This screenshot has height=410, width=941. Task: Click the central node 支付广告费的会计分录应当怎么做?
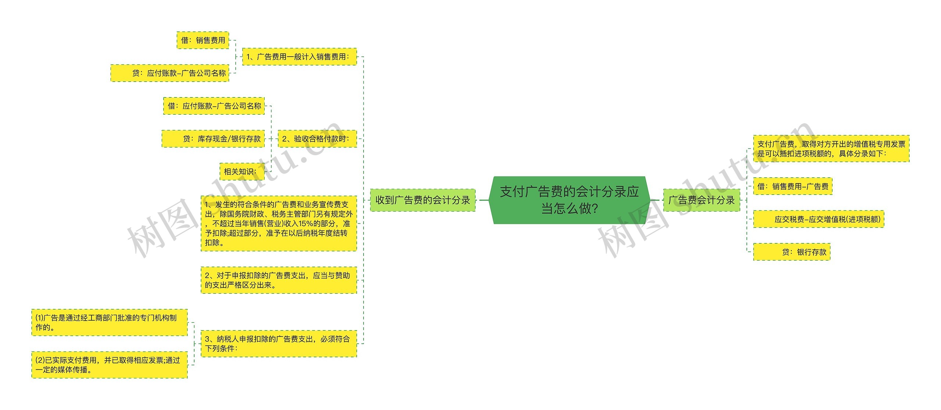coord(569,200)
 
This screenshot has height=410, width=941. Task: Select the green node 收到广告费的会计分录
coord(422,200)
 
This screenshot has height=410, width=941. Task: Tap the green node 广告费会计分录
coord(701,200)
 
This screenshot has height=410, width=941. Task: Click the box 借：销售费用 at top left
coord(203,40)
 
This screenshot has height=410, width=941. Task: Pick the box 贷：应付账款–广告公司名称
coord(170,73)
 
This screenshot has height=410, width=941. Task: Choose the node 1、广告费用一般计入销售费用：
coord(299,57)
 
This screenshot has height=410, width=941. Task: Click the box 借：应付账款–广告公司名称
coord(214,106)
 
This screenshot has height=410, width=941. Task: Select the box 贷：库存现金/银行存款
coord(213,139)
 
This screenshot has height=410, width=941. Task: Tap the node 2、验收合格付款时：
coord(317,139)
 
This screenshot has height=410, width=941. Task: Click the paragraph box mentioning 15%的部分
coord(279,224)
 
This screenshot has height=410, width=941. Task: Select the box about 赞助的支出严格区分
coord(279,280)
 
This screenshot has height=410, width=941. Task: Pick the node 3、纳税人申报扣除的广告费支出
coord(279,343)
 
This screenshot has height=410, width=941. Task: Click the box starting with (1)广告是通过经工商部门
coord(110,322)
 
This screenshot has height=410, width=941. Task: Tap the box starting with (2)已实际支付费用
coord(110,365)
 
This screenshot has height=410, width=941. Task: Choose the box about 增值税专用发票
coord(831,149)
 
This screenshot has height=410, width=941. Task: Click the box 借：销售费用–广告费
coord(792,186)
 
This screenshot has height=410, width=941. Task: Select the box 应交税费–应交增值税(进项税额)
coord(819,219)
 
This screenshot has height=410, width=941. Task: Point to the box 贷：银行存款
coord(792,252)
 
